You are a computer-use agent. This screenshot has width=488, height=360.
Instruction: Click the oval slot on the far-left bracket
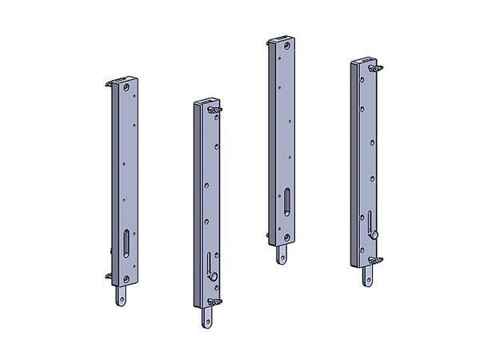pyautogui.click(x=126, y=241)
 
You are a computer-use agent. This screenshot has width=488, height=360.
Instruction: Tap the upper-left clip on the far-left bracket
pyautogui.click(x=110, y=82)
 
